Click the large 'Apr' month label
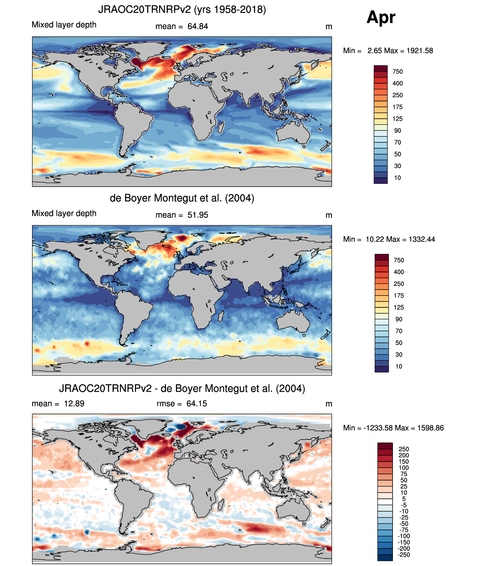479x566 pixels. (x=381, y=18)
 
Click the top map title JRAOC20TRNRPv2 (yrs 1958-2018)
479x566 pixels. (x=182, y=9)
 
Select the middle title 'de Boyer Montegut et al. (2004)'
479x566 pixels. (x=182, y=198)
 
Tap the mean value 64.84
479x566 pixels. (x=198, y=26)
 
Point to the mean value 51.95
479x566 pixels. (x=198, y=215)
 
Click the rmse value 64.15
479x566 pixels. (x=196, y=404)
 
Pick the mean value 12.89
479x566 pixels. (x=74, y=404)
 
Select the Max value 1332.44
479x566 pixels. (x=422, y=239)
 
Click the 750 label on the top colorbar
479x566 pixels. (x=397, y=72)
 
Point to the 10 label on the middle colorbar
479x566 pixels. (x=398, y=366)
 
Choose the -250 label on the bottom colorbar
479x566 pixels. (x=403, y=554)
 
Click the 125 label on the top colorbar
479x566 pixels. (x=397, y=119)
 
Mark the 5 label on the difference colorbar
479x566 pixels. (x=403, y=499)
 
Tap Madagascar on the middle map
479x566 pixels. (x=221, y=316)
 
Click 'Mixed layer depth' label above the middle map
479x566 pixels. (x=64, y=213)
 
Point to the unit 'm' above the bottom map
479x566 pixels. (x=328, y=404)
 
